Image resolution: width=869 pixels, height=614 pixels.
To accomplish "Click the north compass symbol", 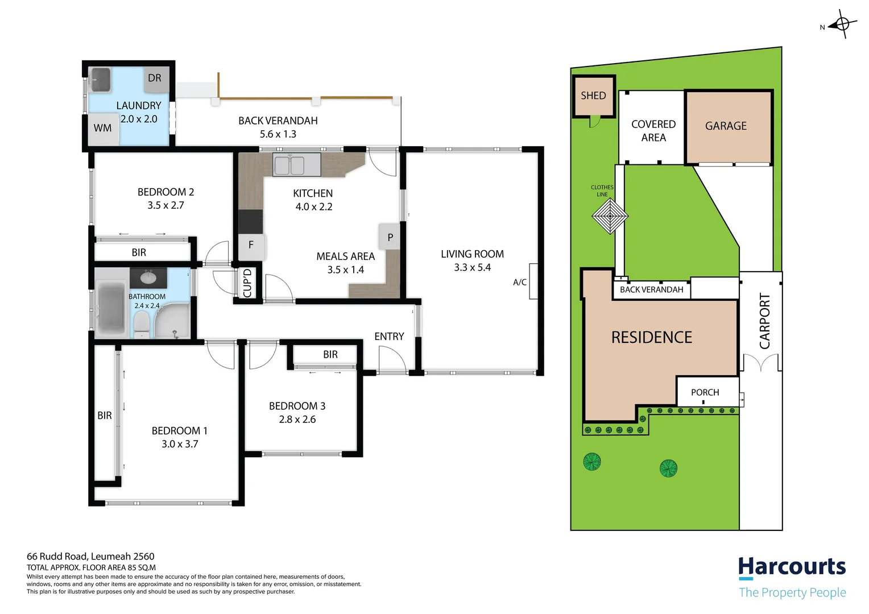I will click(842, 24).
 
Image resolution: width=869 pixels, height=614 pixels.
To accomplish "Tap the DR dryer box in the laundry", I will click(155, 78).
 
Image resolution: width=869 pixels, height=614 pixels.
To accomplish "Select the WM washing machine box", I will click(102, 128).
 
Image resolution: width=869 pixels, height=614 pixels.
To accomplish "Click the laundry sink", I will click(100, 80).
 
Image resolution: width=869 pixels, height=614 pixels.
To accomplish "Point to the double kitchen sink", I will click(289, 165).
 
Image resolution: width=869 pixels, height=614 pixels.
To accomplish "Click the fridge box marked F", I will click(251, 246).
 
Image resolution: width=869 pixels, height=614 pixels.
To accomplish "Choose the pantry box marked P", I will click(390, 238).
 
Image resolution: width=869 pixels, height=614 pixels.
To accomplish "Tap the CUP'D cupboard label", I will click(247, 283).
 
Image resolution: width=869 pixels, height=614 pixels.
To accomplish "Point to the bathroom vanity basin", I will click(148, 278).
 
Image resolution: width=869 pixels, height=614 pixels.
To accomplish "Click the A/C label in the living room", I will click(520, 283).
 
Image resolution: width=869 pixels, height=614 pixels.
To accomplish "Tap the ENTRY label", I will click(389, 337).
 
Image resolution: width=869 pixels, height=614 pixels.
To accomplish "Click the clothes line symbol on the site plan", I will click(610, 216).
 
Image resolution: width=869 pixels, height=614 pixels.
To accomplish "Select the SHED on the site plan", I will click(593, 96).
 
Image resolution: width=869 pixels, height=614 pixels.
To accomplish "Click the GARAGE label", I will click(726, 126).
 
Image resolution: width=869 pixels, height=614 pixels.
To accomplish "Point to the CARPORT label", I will click(765, 321).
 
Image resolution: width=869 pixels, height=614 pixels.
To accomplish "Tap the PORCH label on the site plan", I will click(705, 392).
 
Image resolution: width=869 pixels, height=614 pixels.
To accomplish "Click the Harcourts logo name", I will click(792, 567).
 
